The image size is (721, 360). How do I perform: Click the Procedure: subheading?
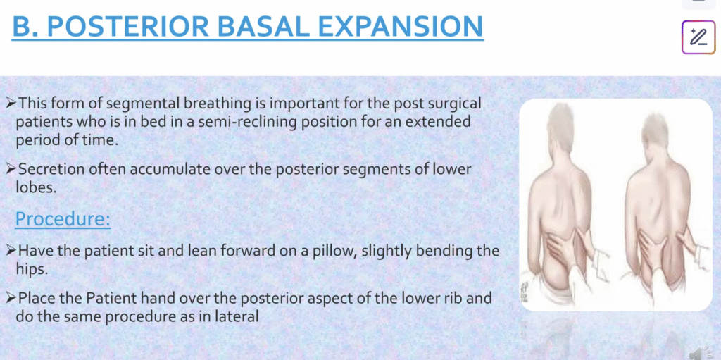click(63, 219)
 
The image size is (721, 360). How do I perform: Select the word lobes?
click(36, 187)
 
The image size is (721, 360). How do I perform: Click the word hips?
click(32, 269)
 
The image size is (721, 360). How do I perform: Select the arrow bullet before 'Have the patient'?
click(11, 252)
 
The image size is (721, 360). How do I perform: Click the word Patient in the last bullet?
click(111, 298)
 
